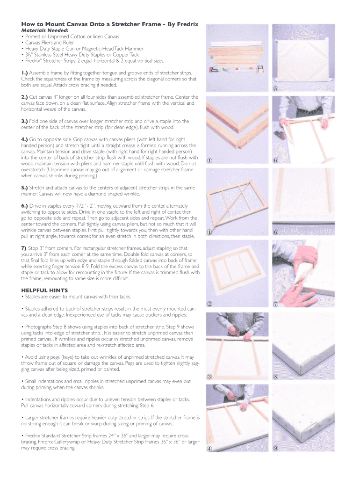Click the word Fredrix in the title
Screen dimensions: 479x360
pyautogui.click(x=186, y=24)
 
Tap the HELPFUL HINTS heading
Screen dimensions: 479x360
pyautogui.click(x=44, y=290)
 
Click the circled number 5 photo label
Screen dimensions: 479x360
pyautogui.click(x=276, y=89)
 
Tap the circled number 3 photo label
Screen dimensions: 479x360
pyautogui.click(x=210, y=377)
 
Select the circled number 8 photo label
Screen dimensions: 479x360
pyautogui.click(x=276, y=377)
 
